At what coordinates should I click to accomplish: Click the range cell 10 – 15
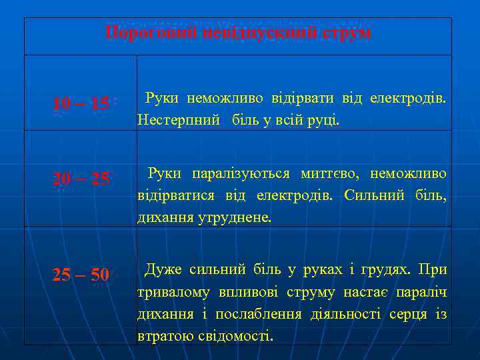click(x=81, y=103)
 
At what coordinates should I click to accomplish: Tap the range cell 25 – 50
click(x=81, y=275)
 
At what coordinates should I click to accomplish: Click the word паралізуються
click(x=241, y=174)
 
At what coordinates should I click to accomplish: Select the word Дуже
click(x=163, y=270)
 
